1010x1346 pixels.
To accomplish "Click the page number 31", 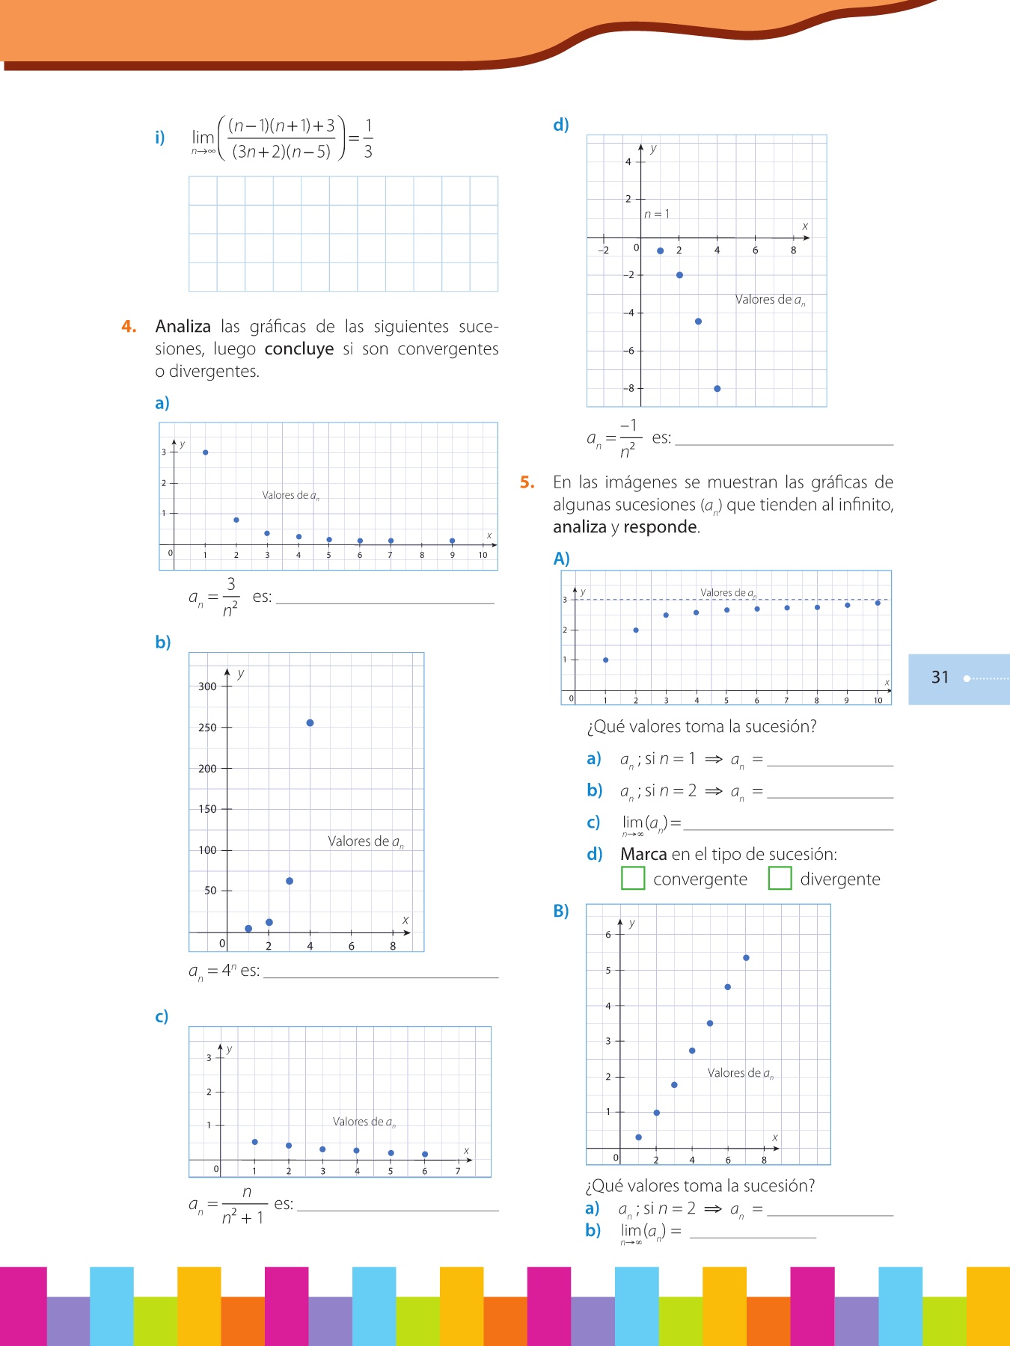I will point(940,677).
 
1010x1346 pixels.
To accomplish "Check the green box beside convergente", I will point(633,878).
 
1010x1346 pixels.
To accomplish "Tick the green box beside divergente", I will point(780,878).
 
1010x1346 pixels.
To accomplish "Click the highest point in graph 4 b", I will point(310,723).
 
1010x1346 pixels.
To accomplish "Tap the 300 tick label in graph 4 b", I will point(207,686).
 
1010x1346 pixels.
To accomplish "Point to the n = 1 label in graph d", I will point(657,215).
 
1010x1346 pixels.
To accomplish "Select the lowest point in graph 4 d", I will point(717,389).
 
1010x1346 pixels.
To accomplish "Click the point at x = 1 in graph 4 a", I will point(206,452).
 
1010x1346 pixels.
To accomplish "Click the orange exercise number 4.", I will point(129,327).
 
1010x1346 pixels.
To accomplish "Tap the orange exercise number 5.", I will point(527,482).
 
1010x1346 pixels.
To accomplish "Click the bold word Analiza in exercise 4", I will point(183,327).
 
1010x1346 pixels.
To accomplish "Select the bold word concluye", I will point(299,349).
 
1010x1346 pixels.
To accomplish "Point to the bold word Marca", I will point(643,854).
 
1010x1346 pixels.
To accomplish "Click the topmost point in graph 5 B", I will point(746,958).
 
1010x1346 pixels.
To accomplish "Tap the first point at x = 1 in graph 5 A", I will point(605,660).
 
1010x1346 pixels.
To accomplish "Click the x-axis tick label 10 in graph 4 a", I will point(483,555).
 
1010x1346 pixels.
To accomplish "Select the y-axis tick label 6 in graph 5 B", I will point(608,935).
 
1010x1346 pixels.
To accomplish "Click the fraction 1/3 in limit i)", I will point(368,138).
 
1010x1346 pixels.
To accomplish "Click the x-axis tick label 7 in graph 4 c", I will point(458,1171).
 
